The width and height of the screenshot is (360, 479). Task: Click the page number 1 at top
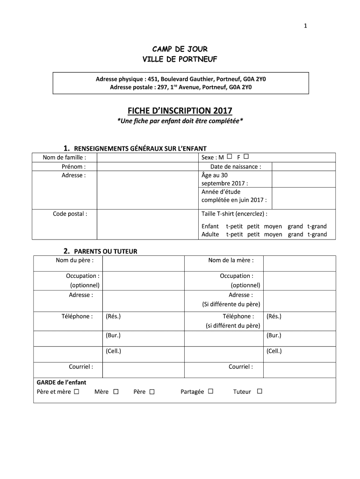tap(305, 26)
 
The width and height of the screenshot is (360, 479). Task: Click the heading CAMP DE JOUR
tap(180, 49)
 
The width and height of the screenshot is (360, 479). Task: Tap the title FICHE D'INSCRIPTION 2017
tap(180, 111)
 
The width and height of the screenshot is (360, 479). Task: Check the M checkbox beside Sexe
tap(230, 157)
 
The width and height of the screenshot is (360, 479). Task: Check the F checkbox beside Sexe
tap(246, 157)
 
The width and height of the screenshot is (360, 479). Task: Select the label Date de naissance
tap(236, 167)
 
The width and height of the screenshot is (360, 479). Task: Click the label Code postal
tap(69, 214)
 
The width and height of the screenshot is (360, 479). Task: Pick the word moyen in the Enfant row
tap(273, 226)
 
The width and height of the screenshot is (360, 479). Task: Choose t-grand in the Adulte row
tap(317, 234)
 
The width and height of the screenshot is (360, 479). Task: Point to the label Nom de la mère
tap(231, 260)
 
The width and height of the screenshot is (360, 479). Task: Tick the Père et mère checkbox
tap(76, 392)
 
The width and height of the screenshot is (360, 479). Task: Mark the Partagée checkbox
tap(211, 392)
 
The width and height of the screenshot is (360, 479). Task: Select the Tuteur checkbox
tap(259, 392)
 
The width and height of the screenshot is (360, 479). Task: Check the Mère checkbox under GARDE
tap(116, 392)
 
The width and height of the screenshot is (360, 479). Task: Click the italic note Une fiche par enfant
tap(180, 121)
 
